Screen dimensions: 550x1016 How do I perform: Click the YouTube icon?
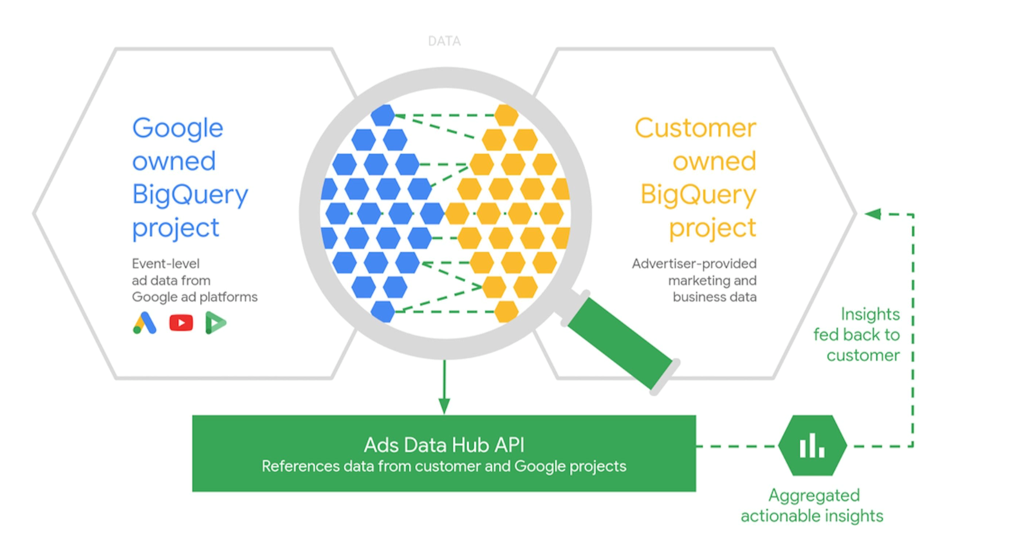tap(181, 322)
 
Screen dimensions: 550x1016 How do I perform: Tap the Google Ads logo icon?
tap(145, 322)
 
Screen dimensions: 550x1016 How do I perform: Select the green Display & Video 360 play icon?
tap(216, 322)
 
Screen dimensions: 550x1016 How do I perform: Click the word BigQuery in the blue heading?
tap(190, 195)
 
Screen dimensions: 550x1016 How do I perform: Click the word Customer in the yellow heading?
tap(695, 129)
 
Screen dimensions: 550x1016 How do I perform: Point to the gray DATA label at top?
tap(444, 42)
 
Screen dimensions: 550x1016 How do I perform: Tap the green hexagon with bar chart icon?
tap(812, 446)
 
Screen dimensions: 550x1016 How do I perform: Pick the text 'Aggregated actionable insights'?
tap(812, 506)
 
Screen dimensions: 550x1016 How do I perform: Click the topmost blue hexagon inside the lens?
tap(382, 115)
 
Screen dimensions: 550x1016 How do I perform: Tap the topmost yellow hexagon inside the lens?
tap(506, 115)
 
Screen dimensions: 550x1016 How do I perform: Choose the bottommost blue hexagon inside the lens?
tap(382, 311)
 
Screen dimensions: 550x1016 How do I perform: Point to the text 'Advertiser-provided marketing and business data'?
tap(694, 280)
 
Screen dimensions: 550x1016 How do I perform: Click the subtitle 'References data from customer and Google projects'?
tap(443, 466)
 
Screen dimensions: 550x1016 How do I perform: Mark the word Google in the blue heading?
tap(178, 129)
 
